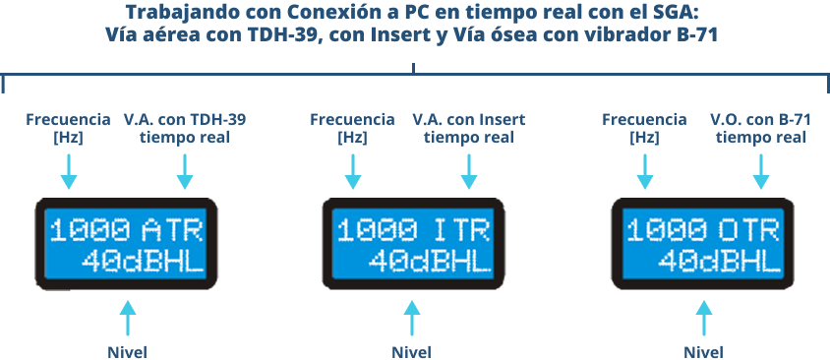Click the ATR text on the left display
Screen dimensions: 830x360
point(172,231)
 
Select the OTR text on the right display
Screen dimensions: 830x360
point(749,231)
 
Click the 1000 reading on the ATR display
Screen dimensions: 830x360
point(90,231)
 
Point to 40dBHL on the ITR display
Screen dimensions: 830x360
point(430,261)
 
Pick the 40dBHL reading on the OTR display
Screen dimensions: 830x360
point(719,261)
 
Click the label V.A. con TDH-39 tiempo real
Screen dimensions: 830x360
point(184,129)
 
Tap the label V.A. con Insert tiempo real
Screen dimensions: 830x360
point(468,129)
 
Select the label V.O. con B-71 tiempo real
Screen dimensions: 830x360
point(760,129)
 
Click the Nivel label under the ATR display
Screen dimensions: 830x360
point(127,352)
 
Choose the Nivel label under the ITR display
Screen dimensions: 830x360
point(411,352)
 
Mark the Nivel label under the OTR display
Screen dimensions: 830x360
point(703,352)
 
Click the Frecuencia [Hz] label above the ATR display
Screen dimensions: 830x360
point(68,129)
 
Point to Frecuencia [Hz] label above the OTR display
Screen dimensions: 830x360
point(644,129)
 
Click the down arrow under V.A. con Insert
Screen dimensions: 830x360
point(468,171)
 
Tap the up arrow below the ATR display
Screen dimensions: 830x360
point(127,318)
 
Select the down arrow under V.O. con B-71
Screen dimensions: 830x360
point(760,171)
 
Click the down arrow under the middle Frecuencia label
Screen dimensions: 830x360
point(352,171)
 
